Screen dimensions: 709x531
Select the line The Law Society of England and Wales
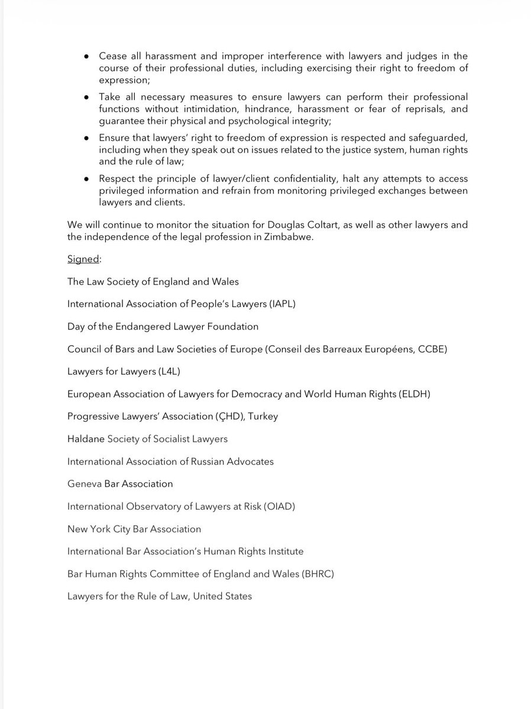[153, 281]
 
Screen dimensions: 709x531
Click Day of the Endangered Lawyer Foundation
[163, 326]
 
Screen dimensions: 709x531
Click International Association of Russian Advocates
[170, 461]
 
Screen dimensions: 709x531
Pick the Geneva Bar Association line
[120, 483]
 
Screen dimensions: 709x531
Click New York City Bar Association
[134, 529]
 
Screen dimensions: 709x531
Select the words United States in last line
[221, 596]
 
